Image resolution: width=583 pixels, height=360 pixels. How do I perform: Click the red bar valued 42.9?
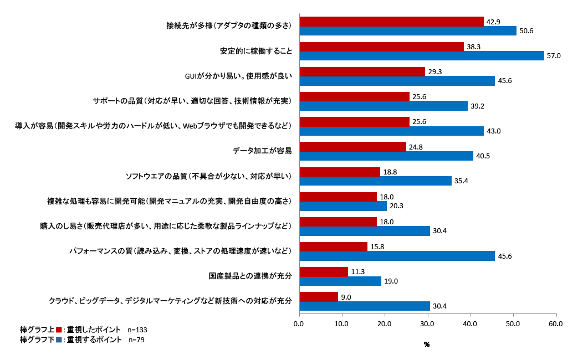[391, 22]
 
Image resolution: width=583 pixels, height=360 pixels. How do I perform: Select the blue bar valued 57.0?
[421, 55]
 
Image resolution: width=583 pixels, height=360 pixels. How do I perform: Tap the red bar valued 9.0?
[319, 297]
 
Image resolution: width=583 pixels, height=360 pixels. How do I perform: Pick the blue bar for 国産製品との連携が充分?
[340, 281]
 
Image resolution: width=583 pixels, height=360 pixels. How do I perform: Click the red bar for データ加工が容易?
[352, 147]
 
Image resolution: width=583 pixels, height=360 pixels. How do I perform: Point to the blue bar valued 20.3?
[343, 206]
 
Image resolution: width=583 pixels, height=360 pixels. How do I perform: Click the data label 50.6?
[527, 31]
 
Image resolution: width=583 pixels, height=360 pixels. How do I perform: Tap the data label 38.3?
[473, 47]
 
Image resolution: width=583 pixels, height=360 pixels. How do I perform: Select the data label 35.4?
[462, 181]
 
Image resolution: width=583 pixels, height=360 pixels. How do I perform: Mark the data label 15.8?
[377, 247]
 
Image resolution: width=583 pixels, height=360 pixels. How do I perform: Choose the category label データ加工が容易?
[262, 151]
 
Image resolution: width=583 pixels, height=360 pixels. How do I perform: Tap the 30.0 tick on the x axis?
[427, 323]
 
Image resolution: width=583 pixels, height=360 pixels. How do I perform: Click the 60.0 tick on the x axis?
[556, 323]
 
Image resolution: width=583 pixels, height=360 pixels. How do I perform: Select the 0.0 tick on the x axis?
[299, 323]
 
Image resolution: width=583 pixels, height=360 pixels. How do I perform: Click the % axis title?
[427, 344]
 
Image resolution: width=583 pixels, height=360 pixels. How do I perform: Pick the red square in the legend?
[59, 330]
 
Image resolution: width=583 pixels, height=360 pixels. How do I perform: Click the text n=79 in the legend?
[136, 340]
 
